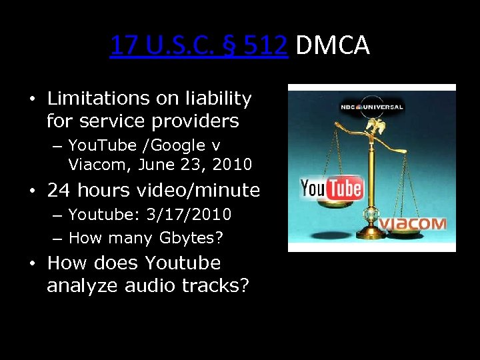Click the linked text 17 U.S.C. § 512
(199, 45)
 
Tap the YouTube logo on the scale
(331, 189)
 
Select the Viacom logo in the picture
(413, 223)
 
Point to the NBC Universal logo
(371, 107)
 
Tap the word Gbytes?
(201, 237)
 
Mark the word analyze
(75, 285)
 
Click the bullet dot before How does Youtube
(33, 263)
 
